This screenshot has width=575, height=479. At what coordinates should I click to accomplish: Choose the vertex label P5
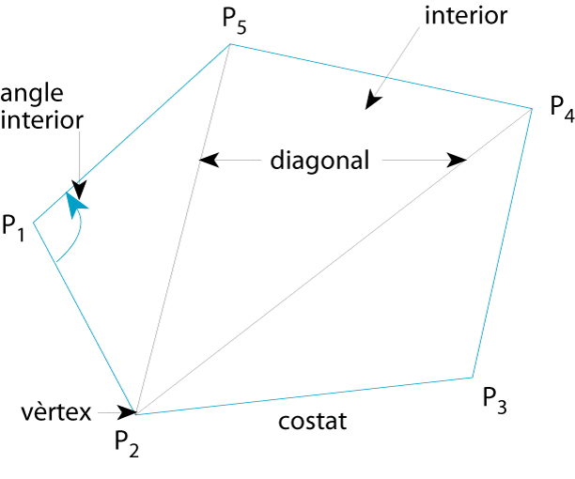coord(235,23)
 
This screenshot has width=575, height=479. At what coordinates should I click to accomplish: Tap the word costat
coord(313,422)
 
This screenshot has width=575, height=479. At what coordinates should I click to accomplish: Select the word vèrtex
coord(54,411)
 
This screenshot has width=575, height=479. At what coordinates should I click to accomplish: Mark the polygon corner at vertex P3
coord(471,378)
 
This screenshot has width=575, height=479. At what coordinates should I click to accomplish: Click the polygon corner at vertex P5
coord(231,45)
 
